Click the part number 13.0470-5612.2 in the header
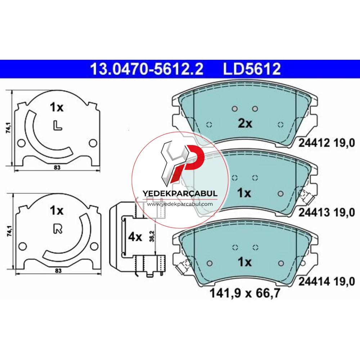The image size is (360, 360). click(147, 69)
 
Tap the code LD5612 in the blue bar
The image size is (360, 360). click(252, 69)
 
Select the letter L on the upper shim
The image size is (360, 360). click(57, 126)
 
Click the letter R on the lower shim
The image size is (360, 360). click(58, 229)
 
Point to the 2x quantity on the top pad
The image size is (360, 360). click(245, 123)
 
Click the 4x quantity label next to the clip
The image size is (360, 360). click(135, 237)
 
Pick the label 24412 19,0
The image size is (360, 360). click(327, 143)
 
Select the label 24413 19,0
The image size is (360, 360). click(327, 212)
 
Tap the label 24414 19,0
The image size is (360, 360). click(327, 281)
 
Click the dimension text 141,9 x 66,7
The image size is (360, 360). click(245, 293)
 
